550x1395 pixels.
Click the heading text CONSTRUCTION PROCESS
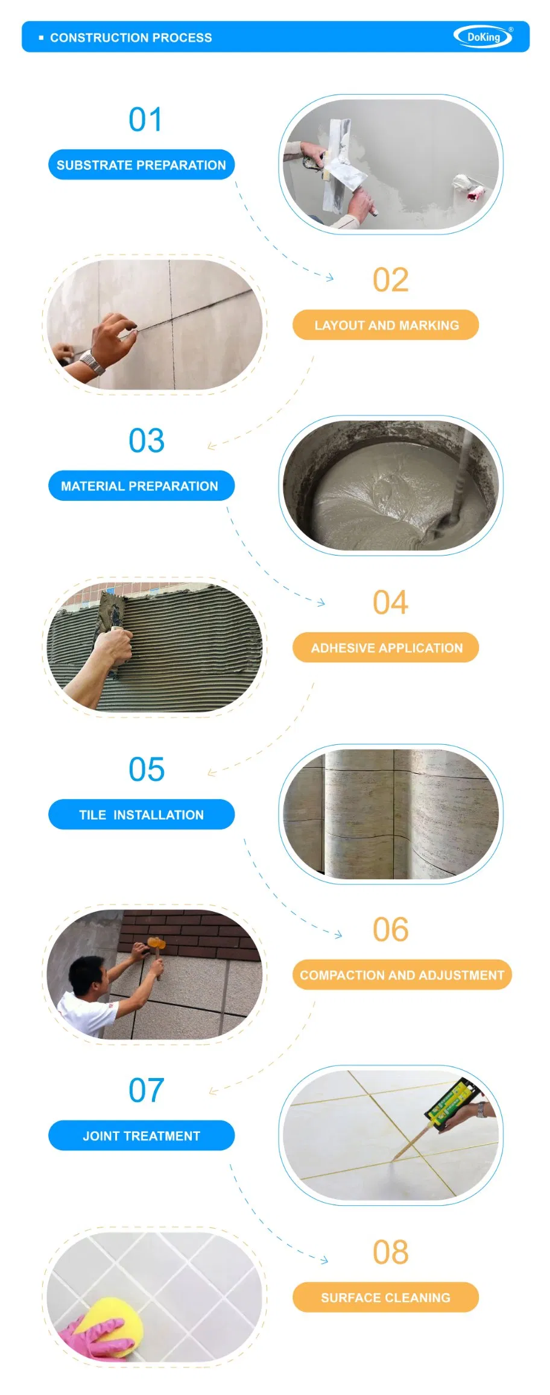click(x=131, y=37)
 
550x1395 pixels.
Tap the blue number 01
click(x=145, y=119)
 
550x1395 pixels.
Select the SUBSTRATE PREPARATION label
click(x=141, y=165)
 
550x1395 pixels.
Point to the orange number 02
click(x=391, y=280)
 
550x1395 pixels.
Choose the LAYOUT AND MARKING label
click(x=386, y=325)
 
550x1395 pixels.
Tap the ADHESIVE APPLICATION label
click(x=386, y=648)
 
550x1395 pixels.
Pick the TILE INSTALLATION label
click(x=141, y=815)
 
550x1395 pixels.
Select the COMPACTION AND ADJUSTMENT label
click(x=402, y=975)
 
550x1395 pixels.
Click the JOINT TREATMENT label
click(x=141, y=1136)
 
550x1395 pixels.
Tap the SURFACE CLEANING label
click(x=386, y=1297)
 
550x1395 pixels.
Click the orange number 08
click(x=391, y=1252)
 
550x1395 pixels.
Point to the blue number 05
click(x=147, y=770)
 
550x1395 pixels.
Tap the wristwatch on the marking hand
click(x=92, y=364)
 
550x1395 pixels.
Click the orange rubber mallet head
click(x=156, y=943)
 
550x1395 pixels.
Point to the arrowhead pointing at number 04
click(x=321, y=602)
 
